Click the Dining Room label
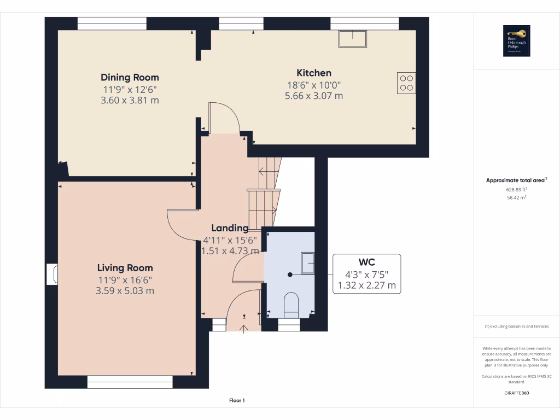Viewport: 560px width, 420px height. click(130, 77)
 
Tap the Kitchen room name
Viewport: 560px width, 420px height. click(314, 73)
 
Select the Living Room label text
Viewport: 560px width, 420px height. click(125, 268)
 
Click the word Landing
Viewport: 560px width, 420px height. click(230, 228)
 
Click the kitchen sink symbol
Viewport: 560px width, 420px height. click(353, 39)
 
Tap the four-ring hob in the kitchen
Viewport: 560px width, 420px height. click(406, 83)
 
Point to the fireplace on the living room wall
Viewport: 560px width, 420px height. click(52, 275)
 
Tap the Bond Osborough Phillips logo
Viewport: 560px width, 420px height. click(517, 41)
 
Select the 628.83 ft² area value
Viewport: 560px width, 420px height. click(516, 189)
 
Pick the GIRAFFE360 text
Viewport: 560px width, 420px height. click(516, 393)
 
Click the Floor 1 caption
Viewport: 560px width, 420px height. click(237, 401)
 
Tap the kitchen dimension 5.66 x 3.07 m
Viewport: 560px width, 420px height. click(314, 96)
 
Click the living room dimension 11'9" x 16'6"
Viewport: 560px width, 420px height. click(125, 280)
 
